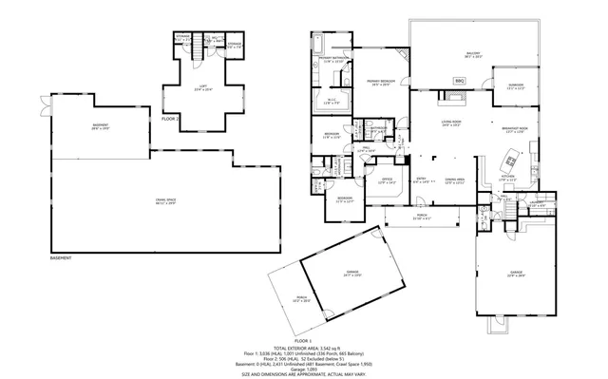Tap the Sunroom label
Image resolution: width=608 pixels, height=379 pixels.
point(516,86)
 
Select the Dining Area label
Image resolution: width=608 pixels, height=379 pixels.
point(454,180)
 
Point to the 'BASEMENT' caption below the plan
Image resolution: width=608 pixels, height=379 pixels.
point(61,258)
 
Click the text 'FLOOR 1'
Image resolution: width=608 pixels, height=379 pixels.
point(303,339)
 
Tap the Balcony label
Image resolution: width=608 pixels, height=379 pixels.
point(472,54)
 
